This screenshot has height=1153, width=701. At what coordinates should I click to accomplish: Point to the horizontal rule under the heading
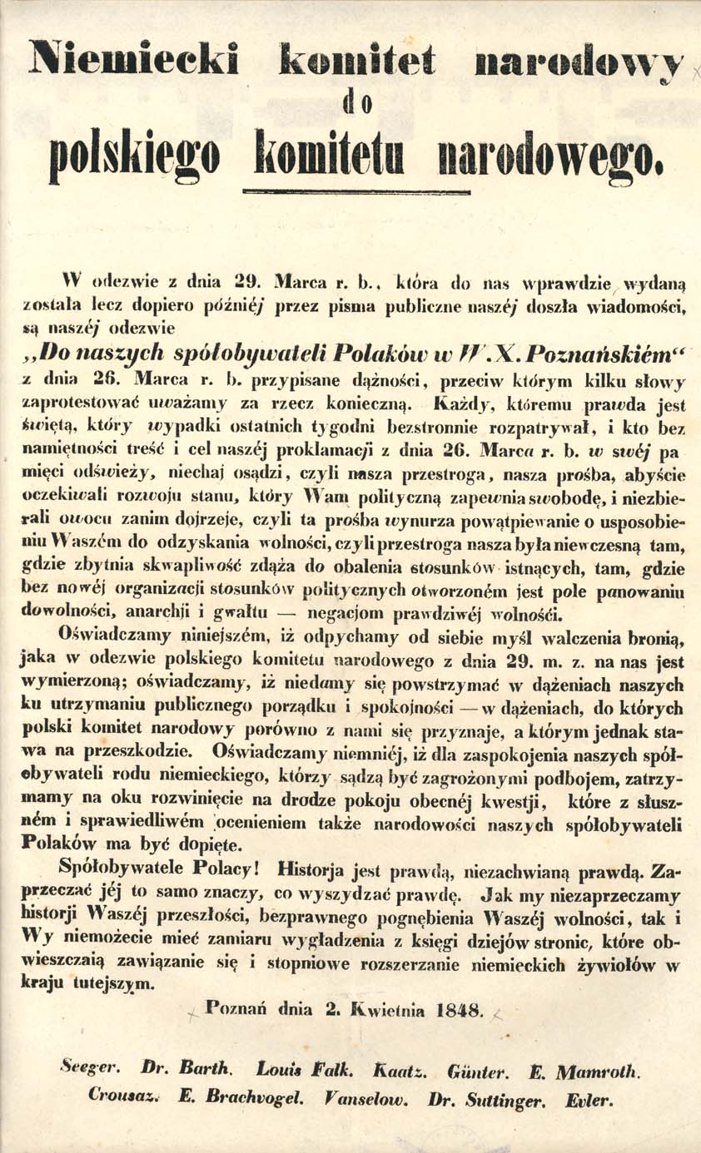point(356,192)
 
